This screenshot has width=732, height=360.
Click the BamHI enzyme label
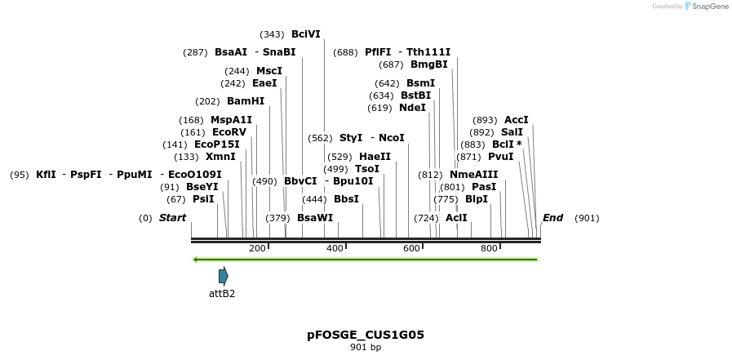(246, 101)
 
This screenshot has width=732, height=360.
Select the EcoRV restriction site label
(228, 131)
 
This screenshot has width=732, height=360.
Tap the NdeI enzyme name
(412, 108)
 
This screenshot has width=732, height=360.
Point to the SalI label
(512, 132)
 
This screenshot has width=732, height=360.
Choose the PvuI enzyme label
(500, 157)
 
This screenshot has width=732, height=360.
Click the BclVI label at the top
(306, 34)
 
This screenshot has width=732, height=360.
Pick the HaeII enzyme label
(375, 157)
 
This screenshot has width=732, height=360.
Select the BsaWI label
(315, 218)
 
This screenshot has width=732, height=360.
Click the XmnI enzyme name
(220, 157)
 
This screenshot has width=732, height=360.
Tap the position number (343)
(272, 34)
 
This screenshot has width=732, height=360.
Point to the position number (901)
(587, 218)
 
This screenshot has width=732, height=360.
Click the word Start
(172, 218)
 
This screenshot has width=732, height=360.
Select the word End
(553, 218)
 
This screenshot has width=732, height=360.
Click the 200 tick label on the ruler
(257, 248)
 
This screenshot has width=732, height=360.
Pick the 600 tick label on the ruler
(411, 248)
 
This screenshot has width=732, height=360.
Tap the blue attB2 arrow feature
(223, 276)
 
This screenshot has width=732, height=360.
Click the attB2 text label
(222, 293)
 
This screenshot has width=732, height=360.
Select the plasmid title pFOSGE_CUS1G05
(366, 335)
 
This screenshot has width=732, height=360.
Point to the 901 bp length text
(366, 348)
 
